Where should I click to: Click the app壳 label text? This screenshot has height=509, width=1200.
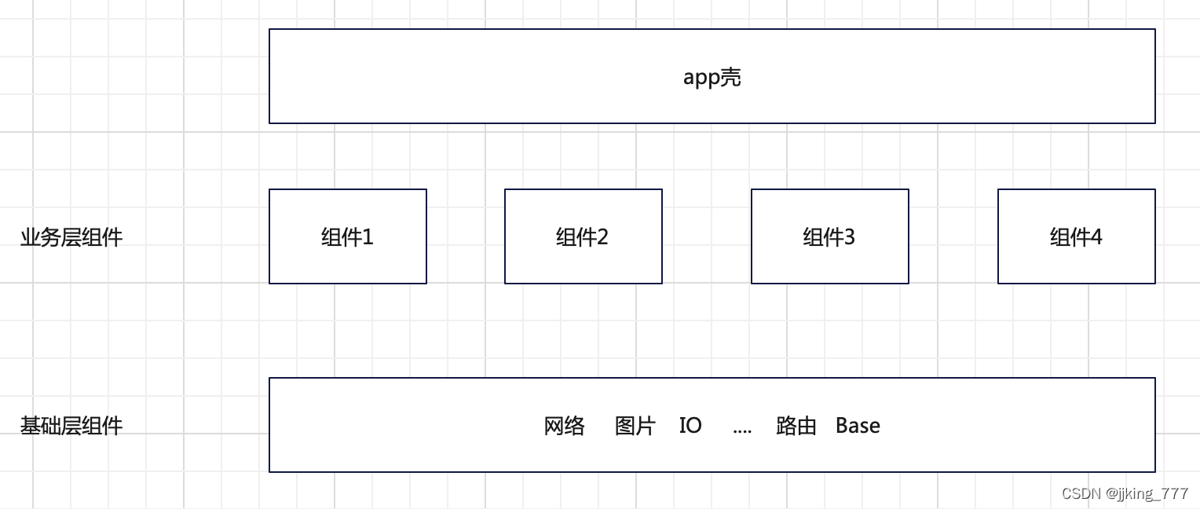pyautogui.click(x=712, y=77)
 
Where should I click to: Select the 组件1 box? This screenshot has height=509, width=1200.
pyautogui.click(x=347, y=236)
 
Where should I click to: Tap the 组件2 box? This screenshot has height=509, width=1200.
pyautogui.click(x=583, y=236)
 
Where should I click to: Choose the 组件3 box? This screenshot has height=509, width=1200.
pyautogui.click(x=829, y=236)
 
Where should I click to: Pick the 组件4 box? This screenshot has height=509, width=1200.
pyautogui.click(x=1076, y=236)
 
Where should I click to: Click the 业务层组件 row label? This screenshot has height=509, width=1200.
pyautogui.click(x=71, y=237)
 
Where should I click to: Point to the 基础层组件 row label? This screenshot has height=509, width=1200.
pyautogui.click(x=71, y=426)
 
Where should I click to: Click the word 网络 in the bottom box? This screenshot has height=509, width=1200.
pyautogui.click(x=564, y=426)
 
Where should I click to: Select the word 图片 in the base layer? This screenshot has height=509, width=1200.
pyautogui.click(x=635, y=426)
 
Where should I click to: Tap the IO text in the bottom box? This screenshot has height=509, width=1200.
pyautogui.click(x=690, y=426)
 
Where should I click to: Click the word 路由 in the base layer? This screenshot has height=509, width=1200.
pyautogui.click(x=796, y=426)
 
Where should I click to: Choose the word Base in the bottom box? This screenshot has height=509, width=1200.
pyautogui.click(x=858, y=426)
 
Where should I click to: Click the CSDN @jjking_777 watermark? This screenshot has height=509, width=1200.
pyautogui.click(x=1125, y=493)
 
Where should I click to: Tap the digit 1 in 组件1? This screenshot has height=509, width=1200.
pyautogui.click(x=368, y=237)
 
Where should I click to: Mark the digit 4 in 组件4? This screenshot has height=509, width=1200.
pyautogui.click(x=1096, y=237)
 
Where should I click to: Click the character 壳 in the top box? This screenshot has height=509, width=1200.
pyautogui.click(x=731, y=77)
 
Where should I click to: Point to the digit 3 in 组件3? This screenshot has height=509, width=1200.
pyautogui.click(x=849, y=237)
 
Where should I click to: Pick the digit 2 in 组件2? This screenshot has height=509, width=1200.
pyautogui.click(x=602, y=237)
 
